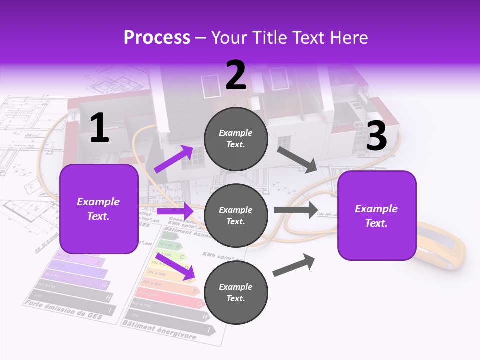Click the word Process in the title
pos(157,38)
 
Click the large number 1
pos(99,128)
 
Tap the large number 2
pos(236,75)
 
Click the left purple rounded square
pos(99,209)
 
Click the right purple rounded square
pos(377,215)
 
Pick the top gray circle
pos(236,139)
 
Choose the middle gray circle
pos(236,215)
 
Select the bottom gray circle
pos(236,292)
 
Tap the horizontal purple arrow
pos(174,212)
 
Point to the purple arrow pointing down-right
pos(174,265)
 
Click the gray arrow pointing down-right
pos(297,159)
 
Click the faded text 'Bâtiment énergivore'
pos(159,330)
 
